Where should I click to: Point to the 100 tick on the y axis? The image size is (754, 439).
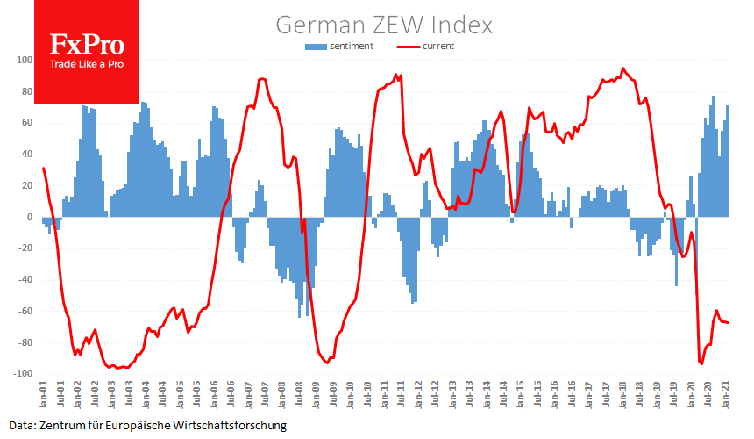23,61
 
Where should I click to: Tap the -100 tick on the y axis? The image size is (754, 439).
21,374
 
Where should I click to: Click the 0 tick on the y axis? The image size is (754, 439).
29,218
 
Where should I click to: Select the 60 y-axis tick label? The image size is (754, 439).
25,124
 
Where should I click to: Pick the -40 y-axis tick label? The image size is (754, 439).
24,280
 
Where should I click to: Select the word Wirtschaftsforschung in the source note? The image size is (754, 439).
231,425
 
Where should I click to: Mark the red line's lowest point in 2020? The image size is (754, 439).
701,363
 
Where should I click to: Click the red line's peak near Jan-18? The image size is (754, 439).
623,68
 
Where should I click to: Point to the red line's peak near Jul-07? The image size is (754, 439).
262,79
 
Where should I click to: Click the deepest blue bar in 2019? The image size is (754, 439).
676,285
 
